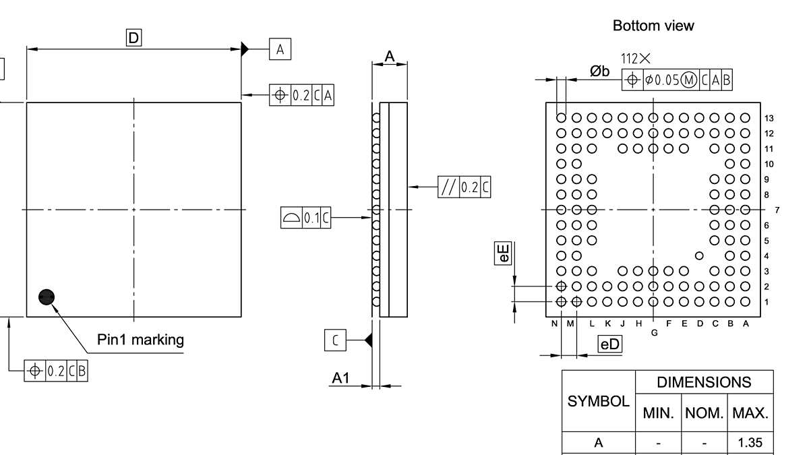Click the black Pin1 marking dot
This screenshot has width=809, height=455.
click(x=47, y=297)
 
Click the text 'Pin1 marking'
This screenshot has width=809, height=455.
click(x=140, y=339)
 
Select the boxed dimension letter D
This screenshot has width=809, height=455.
click(x=134, y=38)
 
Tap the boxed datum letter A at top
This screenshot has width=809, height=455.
click(x=280, y=49)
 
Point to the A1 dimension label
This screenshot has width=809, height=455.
click(x=341, y=379)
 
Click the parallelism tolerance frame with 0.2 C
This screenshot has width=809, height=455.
click(x=465, y=187)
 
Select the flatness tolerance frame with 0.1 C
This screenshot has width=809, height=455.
click(x=306, y=218)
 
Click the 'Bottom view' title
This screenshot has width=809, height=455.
click(x=653, y=26)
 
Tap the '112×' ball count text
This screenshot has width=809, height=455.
click(x=636, y=60)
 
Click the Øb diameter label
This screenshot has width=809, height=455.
click(x=599, y=71)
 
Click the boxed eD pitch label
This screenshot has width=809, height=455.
click(x=610, y=345)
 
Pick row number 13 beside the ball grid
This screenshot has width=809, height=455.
click(x=769, y=118)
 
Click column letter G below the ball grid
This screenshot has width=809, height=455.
click(x=654, y=332)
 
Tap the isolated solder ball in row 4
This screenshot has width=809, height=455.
click(x=699, y=255)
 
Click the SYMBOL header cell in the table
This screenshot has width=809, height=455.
click(x=599, y=401)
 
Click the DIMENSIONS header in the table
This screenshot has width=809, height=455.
click(x=704, y=382)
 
